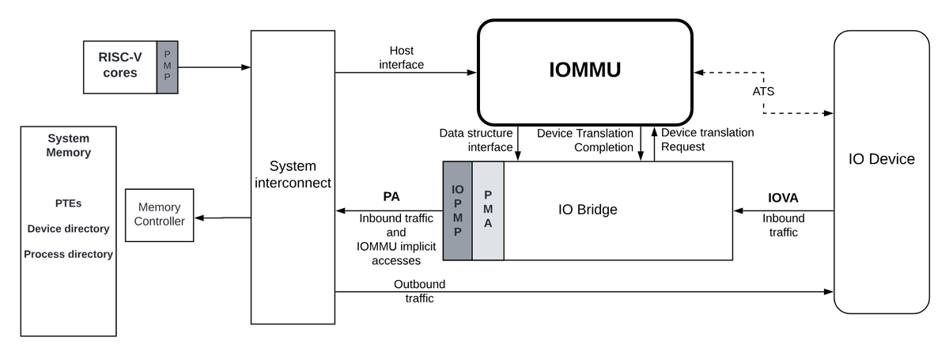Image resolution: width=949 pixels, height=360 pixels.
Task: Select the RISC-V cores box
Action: (120, 66)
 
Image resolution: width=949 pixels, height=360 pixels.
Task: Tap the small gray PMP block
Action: (167, 66)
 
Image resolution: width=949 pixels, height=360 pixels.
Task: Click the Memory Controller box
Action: (159, 214)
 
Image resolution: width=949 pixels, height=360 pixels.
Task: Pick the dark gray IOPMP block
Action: (457, 210)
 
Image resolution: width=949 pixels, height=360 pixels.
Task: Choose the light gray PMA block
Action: (488, 210)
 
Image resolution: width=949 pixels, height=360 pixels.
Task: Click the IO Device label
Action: (881, 159)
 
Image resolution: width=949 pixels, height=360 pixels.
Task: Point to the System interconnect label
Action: (293, 174)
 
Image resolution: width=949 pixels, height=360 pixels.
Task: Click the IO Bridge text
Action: (587, 210)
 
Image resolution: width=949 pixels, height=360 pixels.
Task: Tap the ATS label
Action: (763, 91)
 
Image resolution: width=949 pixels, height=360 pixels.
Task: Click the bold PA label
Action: (391, 196)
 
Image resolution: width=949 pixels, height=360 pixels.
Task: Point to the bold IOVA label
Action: (783, 197)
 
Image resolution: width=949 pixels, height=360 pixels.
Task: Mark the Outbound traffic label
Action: (419, 291)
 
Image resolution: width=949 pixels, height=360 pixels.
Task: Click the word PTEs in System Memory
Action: (68, 203)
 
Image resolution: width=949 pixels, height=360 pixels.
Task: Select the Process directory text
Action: (68, 254)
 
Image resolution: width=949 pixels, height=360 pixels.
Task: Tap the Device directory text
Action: (68, 229)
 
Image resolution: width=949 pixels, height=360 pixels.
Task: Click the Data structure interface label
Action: (476, 140)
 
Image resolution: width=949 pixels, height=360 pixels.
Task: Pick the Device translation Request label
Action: (707, 139)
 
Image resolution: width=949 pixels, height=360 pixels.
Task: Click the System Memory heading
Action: (68, 145)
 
